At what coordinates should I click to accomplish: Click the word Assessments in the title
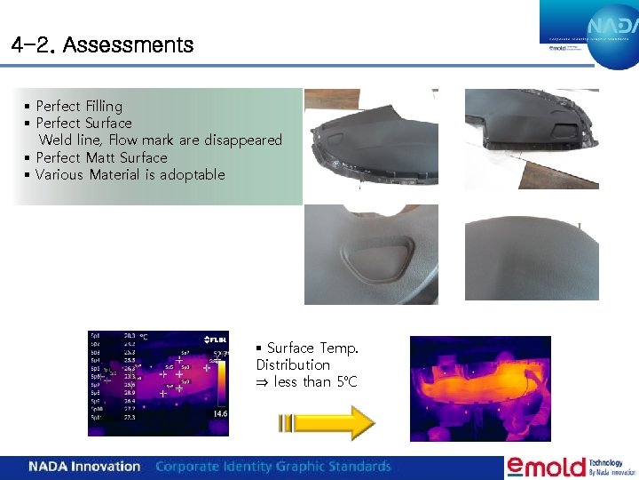(129, 44)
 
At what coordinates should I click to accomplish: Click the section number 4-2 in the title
(34, 44)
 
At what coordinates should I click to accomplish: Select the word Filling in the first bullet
(105, 106)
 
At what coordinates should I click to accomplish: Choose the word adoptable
(193, 174)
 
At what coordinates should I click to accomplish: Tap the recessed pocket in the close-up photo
(376, 259)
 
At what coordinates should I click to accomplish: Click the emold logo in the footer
(547, 467)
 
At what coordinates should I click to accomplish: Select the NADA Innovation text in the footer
(84, 467)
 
